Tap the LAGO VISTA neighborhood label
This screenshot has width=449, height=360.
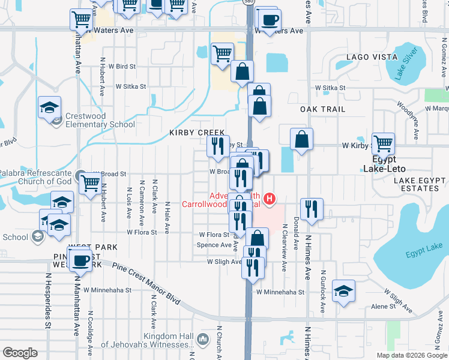[367, 58]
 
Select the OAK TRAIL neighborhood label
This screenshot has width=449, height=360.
[323, 109]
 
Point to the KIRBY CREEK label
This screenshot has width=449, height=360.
[197, 133]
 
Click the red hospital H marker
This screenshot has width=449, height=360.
[270, 198]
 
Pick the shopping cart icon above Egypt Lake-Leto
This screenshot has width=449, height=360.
[383, 143]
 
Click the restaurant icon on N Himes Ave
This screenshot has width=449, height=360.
[312, 209]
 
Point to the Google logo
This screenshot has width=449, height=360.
[20, 353]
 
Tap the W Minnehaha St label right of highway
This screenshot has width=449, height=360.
[280, 292]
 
